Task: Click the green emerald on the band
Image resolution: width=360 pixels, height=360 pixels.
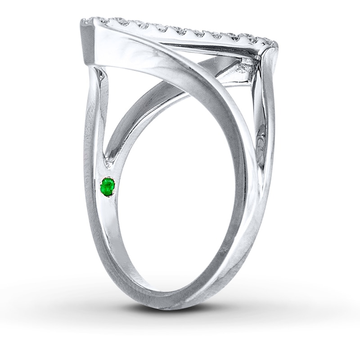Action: click(108, 186)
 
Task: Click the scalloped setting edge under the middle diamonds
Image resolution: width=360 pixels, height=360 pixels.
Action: click(180, 33)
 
